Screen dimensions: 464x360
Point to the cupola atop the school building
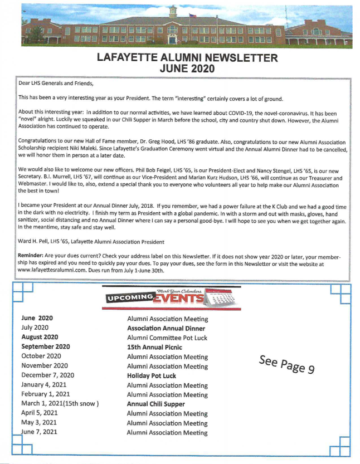pyautogui.click(x=172, y=12)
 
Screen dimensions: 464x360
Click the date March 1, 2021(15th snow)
pyautogui.click(x=59, y=404)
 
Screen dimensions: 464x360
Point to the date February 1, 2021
pyautogui.click(x=48, y=394)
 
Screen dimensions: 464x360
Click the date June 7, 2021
pyautogui.click(x=40, y=433)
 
